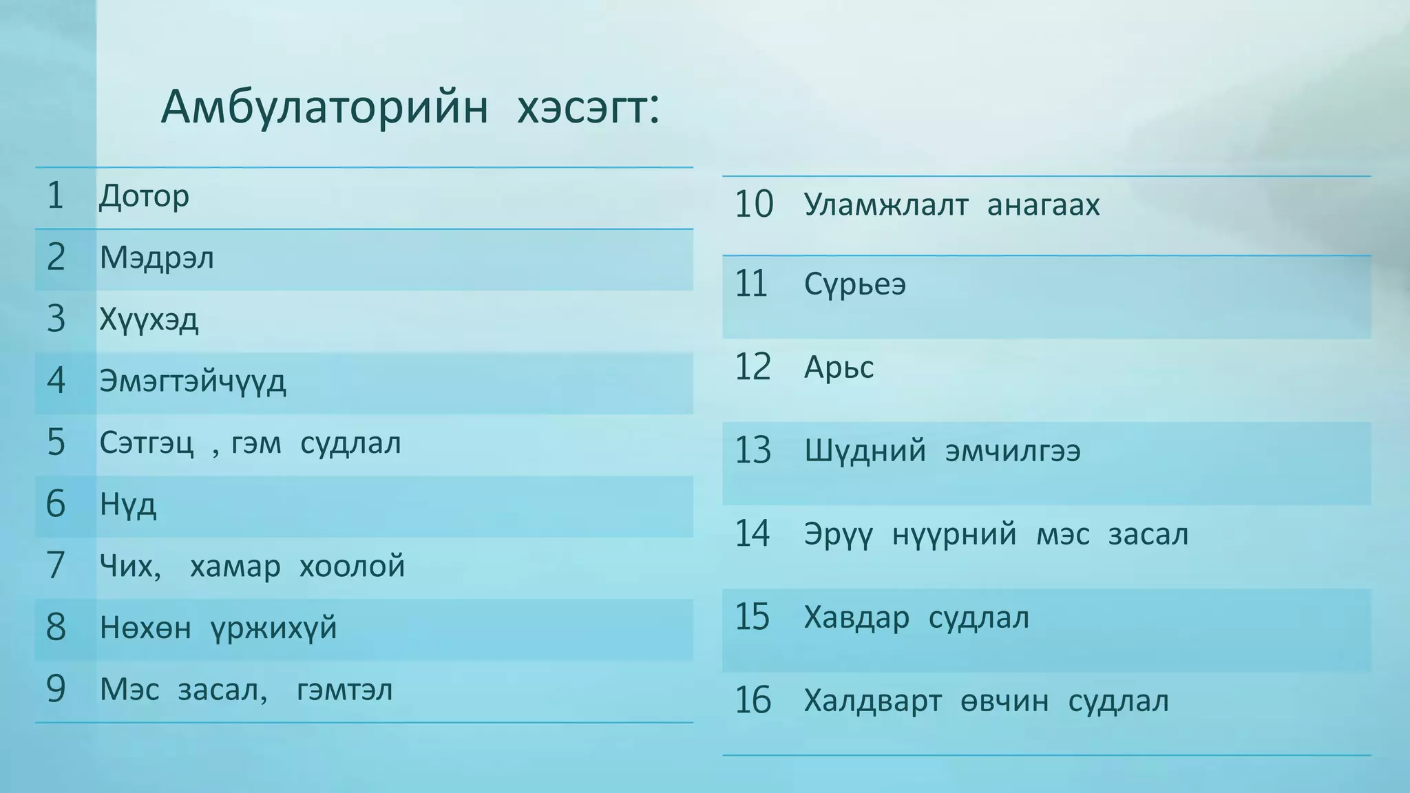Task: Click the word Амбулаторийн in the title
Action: pos(324,108)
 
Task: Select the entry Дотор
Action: pos(144,197)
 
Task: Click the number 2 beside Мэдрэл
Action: pos(56,257)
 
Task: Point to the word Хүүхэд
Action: pos(149,320)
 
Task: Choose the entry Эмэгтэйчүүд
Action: pos(192,381)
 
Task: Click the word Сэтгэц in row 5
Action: pos(147,443)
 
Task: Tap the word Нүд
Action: pos(128,505)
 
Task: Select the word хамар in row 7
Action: pos(235,567)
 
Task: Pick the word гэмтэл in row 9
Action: pos(344,690)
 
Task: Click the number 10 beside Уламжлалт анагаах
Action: pos(754,204)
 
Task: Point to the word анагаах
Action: pos(1043,205)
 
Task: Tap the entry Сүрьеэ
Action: pos(854,285)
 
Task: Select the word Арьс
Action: pos(839,368)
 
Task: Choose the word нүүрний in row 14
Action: pos(954,534)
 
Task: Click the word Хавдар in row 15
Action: pos(856,618)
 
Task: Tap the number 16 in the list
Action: pos(753,701)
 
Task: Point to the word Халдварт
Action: pos(872,701)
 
